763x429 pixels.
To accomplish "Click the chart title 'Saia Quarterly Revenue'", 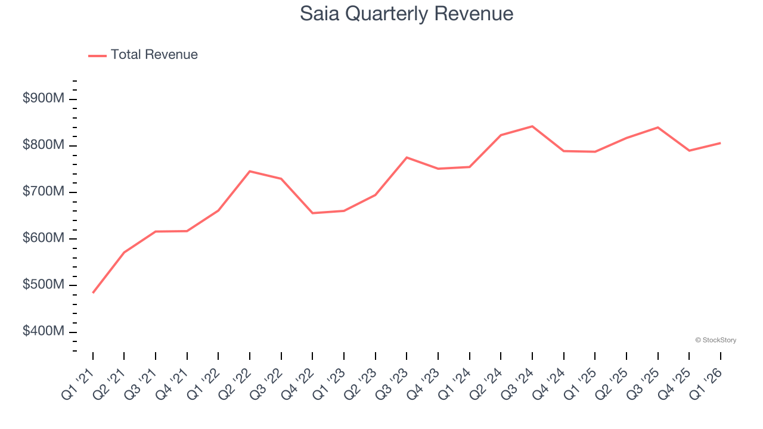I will tap(407, 14).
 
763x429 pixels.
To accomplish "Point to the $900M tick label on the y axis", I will tap(43, 98).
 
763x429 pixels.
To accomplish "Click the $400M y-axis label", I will tap(43, 331).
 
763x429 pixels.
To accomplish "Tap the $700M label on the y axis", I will tap(43, 192).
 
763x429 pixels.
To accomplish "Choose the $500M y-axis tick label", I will tap(43, 285).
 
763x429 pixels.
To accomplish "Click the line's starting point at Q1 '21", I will tap(93, 293).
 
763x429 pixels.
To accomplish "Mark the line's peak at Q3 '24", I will tap(532, 126).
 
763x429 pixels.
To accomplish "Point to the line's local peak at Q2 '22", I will tap(250, 171).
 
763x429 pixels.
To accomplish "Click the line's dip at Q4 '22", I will tap(312, 213).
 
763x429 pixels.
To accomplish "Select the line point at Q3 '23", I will tap(407, 157).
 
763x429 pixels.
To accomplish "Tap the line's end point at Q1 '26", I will tap(720, 143).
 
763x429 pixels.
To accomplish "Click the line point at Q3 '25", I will tap(657, 128).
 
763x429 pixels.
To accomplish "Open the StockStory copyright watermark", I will tap(715, 340).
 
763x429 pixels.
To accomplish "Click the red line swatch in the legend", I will tap(97, 55).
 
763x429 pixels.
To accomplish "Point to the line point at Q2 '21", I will tap(124, 253).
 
